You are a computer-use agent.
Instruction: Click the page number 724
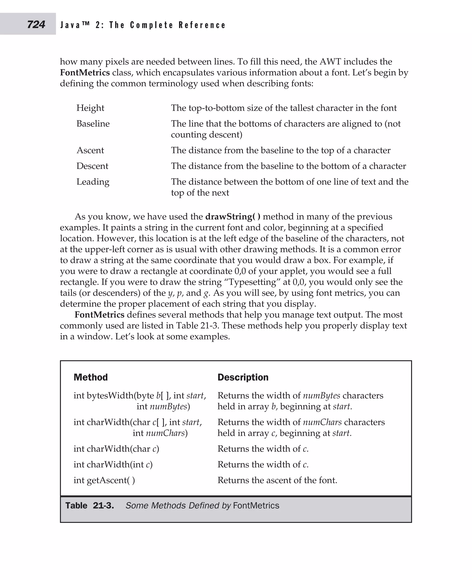point(36,25)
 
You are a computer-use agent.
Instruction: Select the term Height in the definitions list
point(90,108)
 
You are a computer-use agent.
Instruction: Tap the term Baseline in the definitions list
point(93,124)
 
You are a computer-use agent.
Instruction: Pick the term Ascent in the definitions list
point(90,151)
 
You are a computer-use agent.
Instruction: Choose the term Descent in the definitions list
point(92,166)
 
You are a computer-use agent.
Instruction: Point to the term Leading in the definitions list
point(93,182)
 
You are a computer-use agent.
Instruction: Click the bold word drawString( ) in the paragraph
point(233,217)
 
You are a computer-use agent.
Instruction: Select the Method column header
point(91,377)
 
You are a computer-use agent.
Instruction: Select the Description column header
point(243,377)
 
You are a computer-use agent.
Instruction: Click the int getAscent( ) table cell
point(104,480)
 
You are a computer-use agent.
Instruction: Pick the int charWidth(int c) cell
point(113,465)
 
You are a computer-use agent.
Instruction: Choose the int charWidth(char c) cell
point(116,449)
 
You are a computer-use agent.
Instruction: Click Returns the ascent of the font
point(277,480)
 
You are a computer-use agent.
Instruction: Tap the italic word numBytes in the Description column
point(321,396)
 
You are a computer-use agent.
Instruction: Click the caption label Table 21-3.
point(89,506)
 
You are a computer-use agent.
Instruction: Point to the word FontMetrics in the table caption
point(256,506)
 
